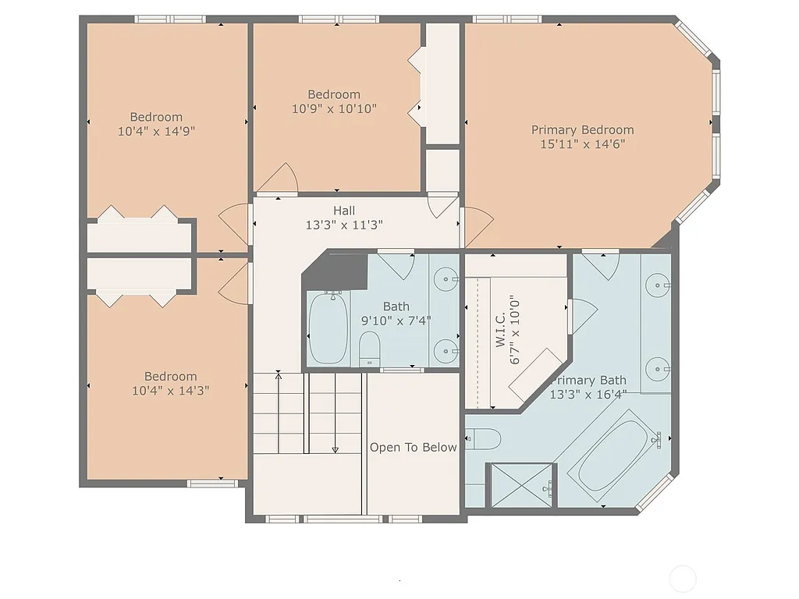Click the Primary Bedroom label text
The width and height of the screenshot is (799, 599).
pos(582,130)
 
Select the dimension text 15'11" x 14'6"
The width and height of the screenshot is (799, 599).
pos(582,144)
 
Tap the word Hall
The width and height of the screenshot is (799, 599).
pos(344,211)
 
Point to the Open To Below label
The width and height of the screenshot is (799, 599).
pos(413,447)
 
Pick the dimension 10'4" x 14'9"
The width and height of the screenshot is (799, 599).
pos(156,131)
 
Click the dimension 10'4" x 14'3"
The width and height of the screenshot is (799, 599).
pos(170,390)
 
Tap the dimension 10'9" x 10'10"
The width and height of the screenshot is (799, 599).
pos(334,109)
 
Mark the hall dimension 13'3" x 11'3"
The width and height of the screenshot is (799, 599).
pos(344,225)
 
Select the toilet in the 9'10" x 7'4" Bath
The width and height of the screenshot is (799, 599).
pos(369,348)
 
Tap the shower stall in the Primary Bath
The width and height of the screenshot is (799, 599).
pos(520,485)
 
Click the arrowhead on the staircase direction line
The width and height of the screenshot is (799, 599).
pos(336,449)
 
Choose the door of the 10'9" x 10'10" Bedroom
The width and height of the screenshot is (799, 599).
pos(279,179)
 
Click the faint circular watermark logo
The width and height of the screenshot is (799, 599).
pos(683,579)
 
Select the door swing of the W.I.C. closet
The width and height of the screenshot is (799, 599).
pos(581,314)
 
